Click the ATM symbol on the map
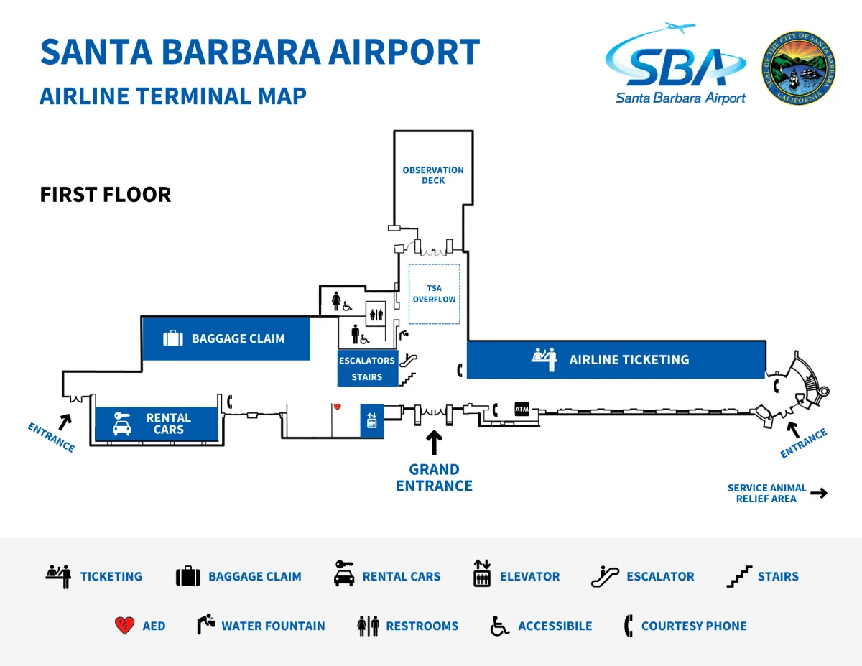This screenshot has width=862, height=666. click(522, 409)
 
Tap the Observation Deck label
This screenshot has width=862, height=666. click(432, 175)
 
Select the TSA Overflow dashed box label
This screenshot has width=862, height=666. click(434, 294)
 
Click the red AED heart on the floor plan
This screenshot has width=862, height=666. click(337, 407)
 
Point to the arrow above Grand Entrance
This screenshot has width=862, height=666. click(434, 442)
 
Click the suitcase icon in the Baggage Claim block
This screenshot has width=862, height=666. click(173, 338)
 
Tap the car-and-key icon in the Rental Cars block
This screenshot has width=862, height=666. click(122, 424)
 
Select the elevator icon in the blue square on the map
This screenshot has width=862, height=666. click(371, 420)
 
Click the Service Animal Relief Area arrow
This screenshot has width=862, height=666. click(819, 493)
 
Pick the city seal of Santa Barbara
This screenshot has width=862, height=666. click(799, 68)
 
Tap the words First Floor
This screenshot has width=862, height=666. click(106, 195)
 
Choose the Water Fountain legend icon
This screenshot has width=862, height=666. click(206, 624)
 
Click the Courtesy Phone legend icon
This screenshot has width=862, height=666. click(628, 626)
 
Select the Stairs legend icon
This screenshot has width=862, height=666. click(739, 576)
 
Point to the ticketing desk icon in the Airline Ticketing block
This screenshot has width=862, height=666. click(544, 359)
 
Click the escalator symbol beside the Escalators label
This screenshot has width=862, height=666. click(408, 360)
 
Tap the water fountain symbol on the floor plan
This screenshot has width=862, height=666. click(404, 335)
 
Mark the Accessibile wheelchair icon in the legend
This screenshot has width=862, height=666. click(499, 626)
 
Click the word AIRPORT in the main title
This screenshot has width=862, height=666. click(404, 52)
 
